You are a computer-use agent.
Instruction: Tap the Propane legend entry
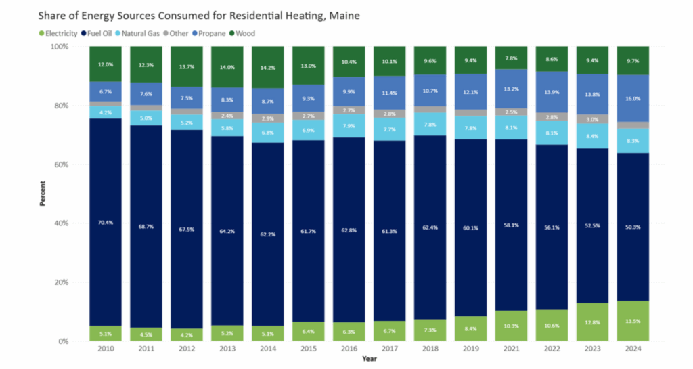click(210, 32)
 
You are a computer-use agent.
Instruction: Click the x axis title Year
click(369, 359)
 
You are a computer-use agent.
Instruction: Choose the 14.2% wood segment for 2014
click(267, 68)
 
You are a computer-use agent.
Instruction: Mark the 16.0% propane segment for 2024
click(632, 98)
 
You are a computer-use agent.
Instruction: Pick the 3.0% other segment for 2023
click(591, 119)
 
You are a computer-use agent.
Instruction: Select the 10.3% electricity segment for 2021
click(510, 326)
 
